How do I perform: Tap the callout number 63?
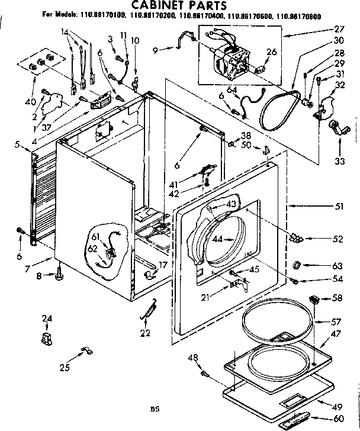337,266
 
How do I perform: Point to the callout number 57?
336,323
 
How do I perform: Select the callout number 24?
47,320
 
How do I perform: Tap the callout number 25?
65,368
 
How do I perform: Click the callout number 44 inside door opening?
218,239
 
